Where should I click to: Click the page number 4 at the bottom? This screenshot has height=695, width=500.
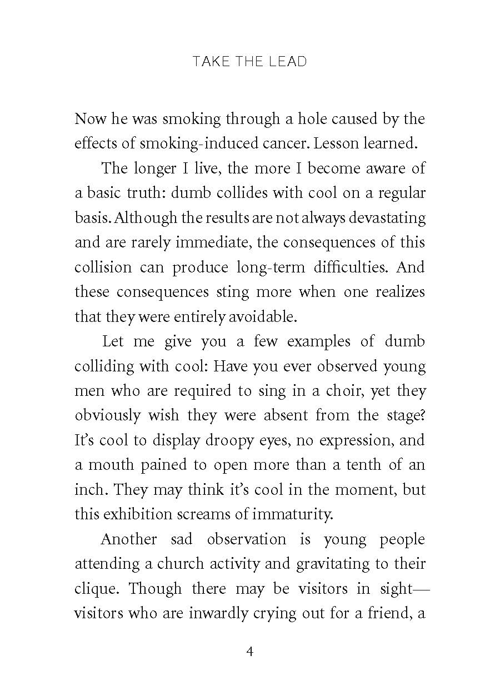point(249,651)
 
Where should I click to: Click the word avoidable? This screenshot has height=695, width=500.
point(268,316)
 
